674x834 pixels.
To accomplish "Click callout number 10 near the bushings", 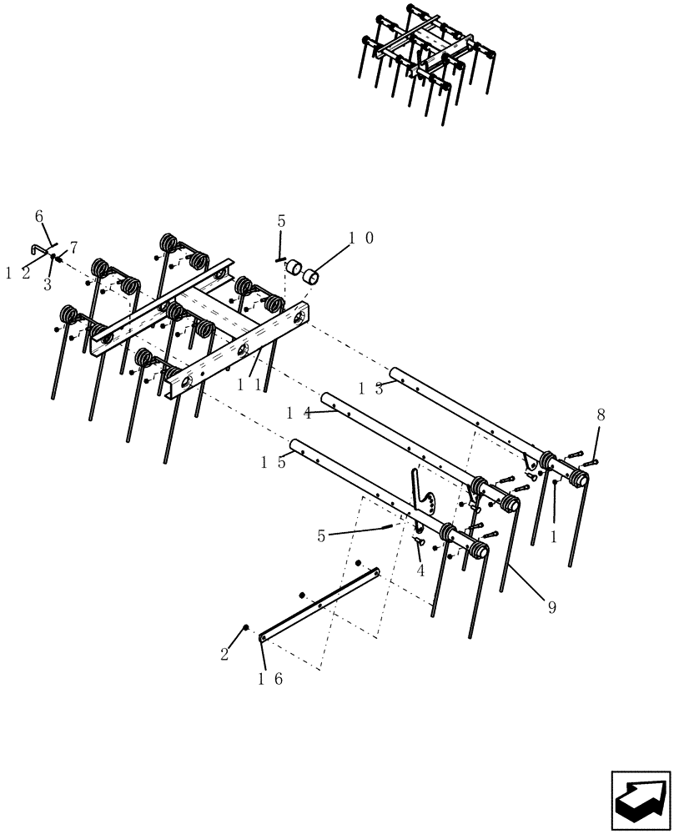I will (x=360, y=238).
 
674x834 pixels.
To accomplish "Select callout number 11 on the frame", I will (x=249, y=385).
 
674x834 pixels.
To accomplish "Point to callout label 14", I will (x=299, y=413).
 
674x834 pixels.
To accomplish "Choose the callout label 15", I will (x=274, y=463).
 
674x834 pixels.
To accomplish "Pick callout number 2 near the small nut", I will (x=224, y=655).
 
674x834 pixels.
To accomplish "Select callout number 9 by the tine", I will (x=551, y=608).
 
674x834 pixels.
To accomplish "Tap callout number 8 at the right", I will (x=601, y=414).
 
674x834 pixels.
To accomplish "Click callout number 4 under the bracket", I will (x=420, y=571).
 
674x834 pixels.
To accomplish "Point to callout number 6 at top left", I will (x=38, y=216).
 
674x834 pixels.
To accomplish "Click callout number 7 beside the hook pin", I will (x=73, y=248).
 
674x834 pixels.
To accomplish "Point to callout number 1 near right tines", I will (x=553, y=538).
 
